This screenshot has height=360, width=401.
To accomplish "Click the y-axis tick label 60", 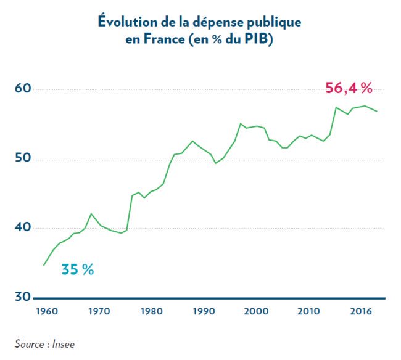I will pos(22,89).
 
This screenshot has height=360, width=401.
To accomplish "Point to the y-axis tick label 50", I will pos(22,160).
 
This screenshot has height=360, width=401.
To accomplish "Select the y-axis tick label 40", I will pos(22,228).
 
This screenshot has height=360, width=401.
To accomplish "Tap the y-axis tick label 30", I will pos(22,297).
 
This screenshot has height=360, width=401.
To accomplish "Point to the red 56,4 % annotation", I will pos(349,88).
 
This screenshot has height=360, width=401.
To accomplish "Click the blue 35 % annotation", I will pos(77,269).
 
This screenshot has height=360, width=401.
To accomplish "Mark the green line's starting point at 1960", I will pos(43,266).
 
